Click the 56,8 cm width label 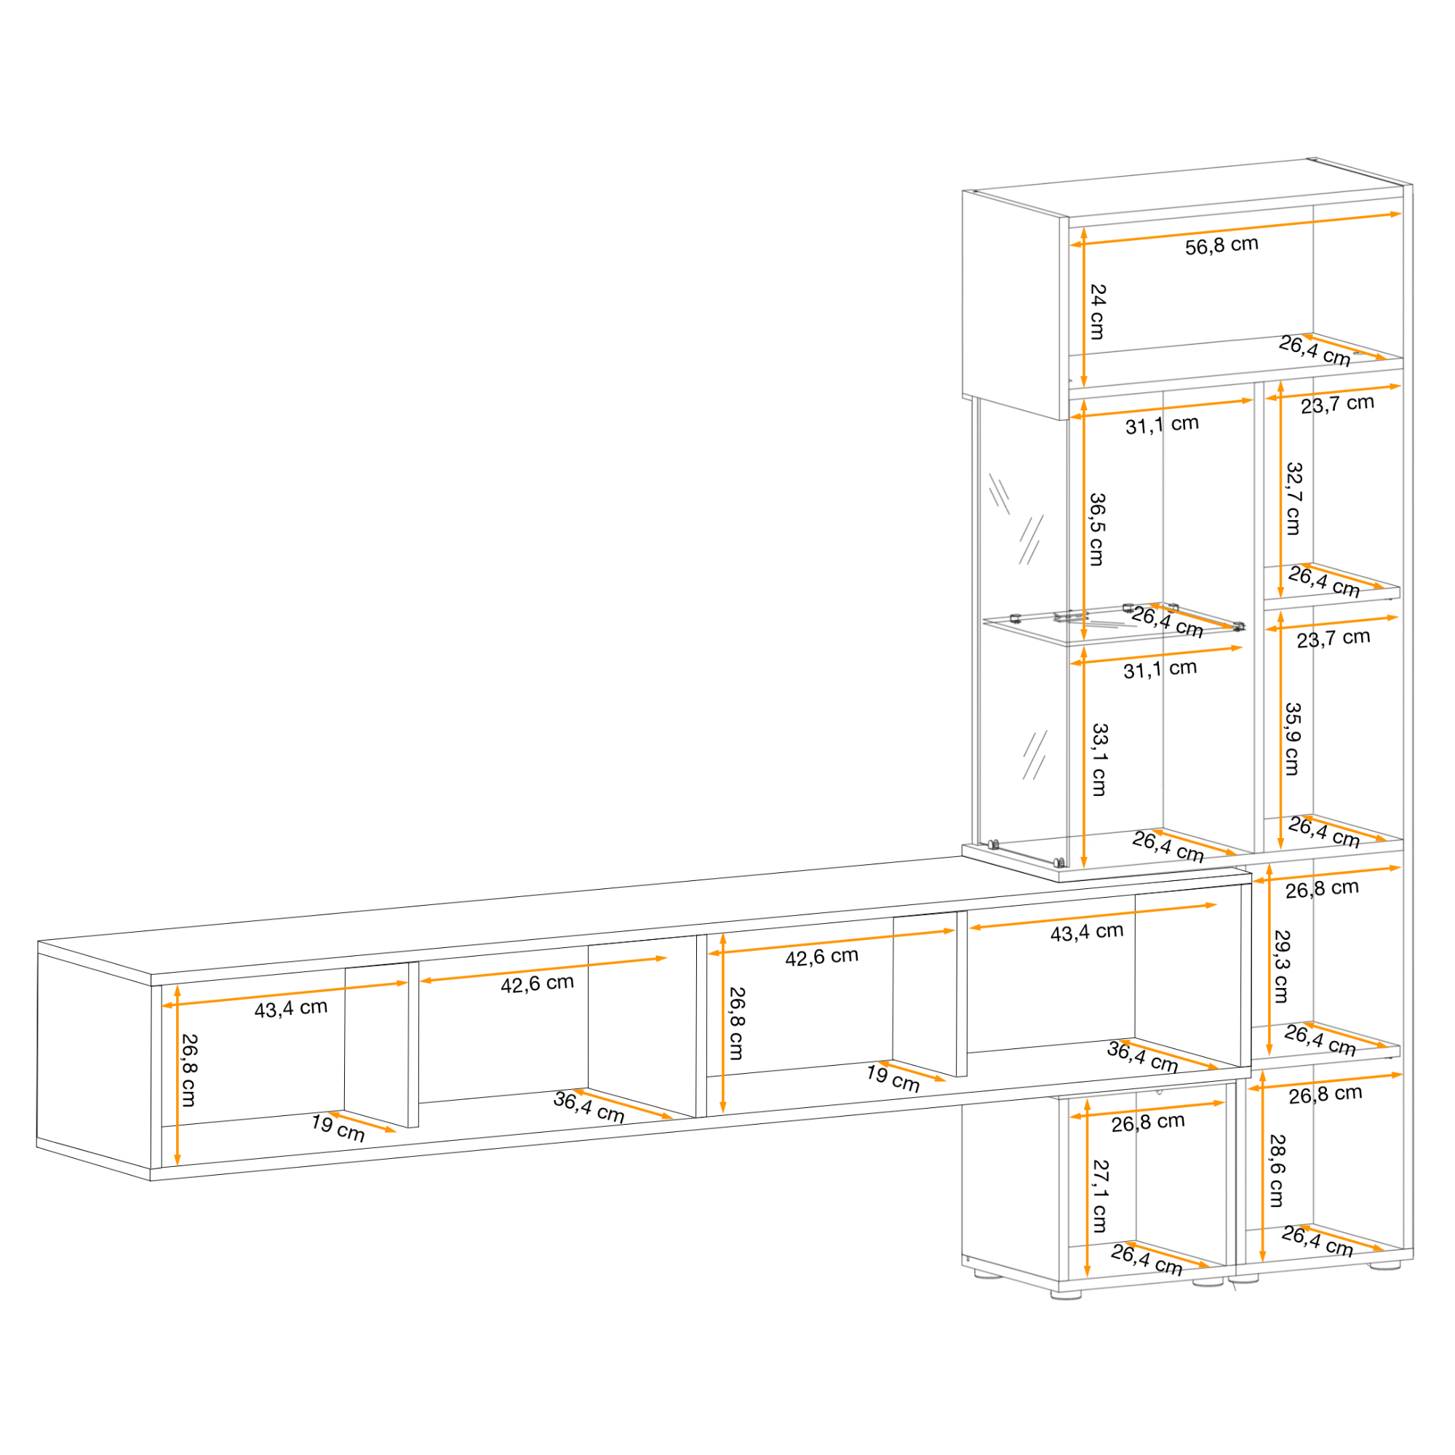pyautogui.click(x=1221, y=245)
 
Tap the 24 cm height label pyautogui.click(x=1098, y=312)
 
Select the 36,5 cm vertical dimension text pyautogui.click(x=1097, y=530)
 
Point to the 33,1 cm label pyautogui.click(x=1099, y=760)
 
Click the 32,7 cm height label pyautogui.click(x=1293, y=498)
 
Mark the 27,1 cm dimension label pyautogui.click(x=1100, y=1196)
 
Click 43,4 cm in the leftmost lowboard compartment pyautogui.click(x=291, y=1008)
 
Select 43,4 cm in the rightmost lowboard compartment pyautogui.click(x=1087, y=933)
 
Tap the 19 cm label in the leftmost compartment pyautogui.click(x=338, y=1128)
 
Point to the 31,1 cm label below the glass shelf pyautogui.click(x=1160, y=669)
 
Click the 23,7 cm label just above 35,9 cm pyautogui.click(x=1333, y=638)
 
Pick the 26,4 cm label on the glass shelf pyautogui.click(x=1168, y=622)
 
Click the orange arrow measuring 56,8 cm pyautogui.click(x=1236, y=229)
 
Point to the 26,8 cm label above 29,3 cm pyautogui.click(x=1322, y=890)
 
